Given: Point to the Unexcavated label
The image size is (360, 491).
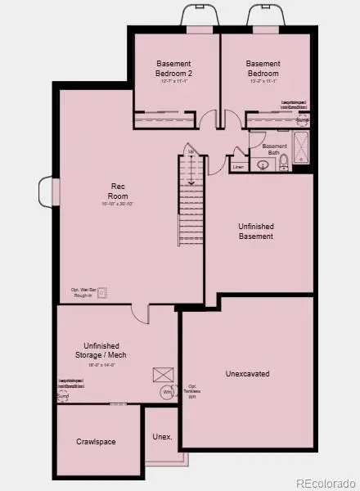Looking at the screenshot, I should click(x=247, y=374).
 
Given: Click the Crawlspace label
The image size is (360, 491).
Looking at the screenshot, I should click(x=96, y=442).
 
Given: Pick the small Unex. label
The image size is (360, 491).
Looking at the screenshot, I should click(x=162, y=437).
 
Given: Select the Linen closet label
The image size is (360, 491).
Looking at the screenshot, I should click(x=238, y=167).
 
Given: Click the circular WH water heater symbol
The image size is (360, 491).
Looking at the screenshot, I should click(x=167, y=392).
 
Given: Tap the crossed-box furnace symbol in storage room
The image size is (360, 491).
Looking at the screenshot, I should click(x=160, y=375).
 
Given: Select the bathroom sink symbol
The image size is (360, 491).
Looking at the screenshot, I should click(x=263, y=164).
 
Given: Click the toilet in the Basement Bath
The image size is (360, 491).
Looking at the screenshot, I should click(x=282, y=164).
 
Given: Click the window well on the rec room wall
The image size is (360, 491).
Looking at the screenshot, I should click(x=47, y=193).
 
